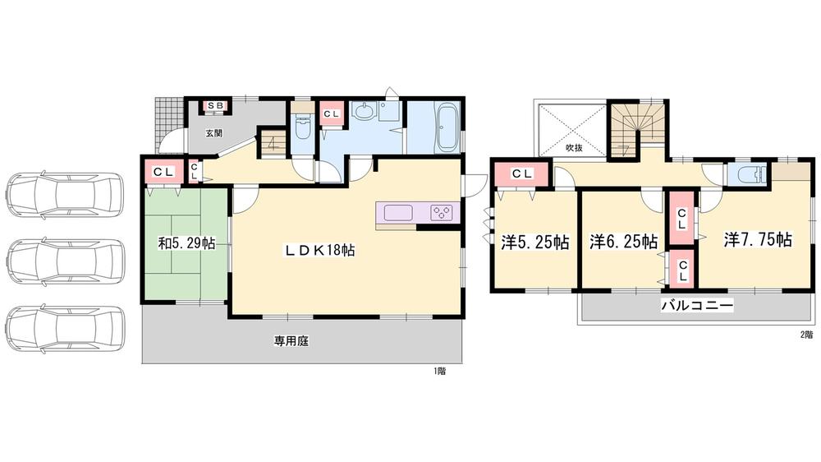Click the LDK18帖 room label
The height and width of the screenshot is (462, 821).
coord(319,250)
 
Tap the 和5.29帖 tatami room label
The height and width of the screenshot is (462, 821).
coord(187,243)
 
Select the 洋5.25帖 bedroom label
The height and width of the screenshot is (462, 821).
coord(535,242)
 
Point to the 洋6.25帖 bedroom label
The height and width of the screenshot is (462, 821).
coord(624,242)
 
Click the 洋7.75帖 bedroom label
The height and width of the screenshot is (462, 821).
coord(758,240)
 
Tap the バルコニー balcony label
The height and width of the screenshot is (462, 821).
coord(697,305)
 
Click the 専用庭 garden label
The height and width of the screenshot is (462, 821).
coord(291,341)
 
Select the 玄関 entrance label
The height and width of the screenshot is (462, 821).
coord(213,133)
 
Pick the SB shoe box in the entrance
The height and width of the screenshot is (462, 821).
coord(215,106)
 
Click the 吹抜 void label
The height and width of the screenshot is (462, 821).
coord(575,148)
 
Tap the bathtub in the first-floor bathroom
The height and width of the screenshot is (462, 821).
coord(448,127)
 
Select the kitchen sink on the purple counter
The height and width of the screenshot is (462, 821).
coord(398,213)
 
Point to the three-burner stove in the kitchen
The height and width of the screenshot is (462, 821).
coord(442,213)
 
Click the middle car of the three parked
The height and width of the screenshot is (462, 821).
coord(66,261)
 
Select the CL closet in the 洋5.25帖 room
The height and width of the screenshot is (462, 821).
coord(522,174)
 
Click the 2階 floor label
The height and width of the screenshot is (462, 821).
coord(806,334)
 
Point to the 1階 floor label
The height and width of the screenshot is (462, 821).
coord(439,372)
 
